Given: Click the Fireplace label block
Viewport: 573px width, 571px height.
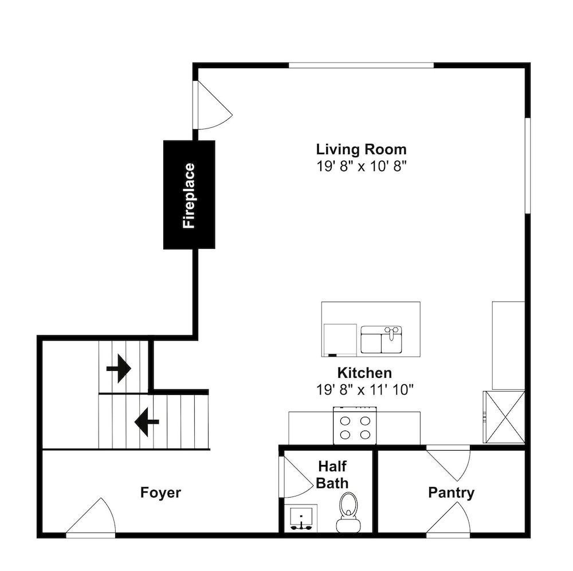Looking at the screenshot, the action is pyautogui.click(x=189, y=195).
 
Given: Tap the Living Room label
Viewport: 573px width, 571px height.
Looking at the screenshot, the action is pyautogui.click(x=361, y=150).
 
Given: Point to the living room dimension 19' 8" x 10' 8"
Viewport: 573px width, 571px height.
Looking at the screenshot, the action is pyautogui.click(x=361, y=166).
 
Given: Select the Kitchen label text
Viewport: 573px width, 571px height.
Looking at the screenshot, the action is pyautogui.click(x=364, y=373).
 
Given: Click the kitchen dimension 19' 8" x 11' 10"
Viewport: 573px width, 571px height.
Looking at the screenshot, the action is pyautogui.click(x=364, y=390).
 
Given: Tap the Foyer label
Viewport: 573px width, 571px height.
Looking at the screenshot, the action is pyautogui.click(x=160, y=493).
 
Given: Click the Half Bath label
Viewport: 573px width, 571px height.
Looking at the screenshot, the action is pyautogui.click(x=332, y=475).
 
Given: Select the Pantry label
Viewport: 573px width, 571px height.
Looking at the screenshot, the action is pyautogui.click(x=451, y=493).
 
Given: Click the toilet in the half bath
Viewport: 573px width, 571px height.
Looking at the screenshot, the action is pyautogui.click(x=348, y=512).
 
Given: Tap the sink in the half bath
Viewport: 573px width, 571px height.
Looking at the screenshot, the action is pyautogui.click(x=301, y=518).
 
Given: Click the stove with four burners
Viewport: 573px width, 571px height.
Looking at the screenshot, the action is pyautogui.click(x=355, y=426).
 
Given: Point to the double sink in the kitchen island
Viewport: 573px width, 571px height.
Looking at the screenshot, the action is pyautogui.click(x=381, y=340).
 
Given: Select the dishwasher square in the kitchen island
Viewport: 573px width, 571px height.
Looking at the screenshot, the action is pyautogui.click(x=340, y=340).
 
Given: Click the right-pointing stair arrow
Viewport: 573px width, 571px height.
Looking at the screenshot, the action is pyautogui.click(x=119, y=369).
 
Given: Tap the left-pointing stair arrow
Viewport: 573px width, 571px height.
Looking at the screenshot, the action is pyautogui.click(x=147, y=422).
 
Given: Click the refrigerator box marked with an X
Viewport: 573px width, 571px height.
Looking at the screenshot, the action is pyautogui.click(x=504, y=417).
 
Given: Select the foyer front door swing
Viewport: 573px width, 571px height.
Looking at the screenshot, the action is pyautogui.click(x=91, y=516).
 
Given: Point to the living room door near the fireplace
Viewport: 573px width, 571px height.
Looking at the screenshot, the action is pyautogui.click(x=213, y=105).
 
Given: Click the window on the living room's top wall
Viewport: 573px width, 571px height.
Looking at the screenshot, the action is pyautogui.click(x=361, y=65).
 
